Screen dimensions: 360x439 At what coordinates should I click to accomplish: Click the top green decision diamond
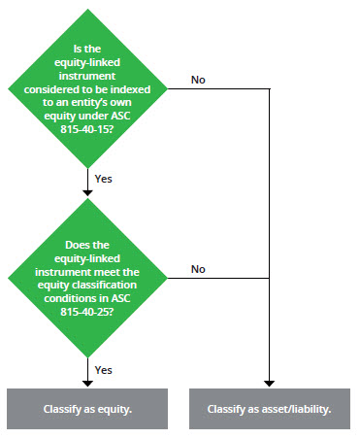point(89,91)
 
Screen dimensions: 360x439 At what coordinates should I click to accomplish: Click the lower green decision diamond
point(89,277)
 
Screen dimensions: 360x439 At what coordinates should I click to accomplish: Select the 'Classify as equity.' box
point(88,409)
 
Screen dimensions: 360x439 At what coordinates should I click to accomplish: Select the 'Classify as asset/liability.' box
point(269,409)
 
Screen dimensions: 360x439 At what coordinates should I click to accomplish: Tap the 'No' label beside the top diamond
point(198,80)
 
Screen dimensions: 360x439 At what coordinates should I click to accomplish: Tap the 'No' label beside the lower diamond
point(198,268)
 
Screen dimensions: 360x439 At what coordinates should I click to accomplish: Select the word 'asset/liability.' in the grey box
point(294,409)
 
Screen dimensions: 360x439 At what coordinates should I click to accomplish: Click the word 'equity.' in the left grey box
point(115,409)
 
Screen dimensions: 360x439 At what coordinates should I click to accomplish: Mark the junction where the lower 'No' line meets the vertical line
point(269,278)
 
